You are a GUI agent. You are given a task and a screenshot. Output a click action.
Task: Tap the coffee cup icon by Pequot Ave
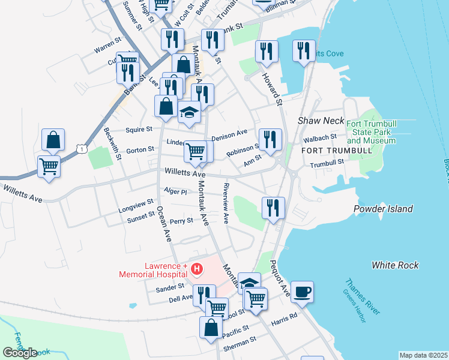click(x=303, y=292)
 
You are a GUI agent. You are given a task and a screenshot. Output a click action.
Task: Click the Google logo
click(x=20, y=352)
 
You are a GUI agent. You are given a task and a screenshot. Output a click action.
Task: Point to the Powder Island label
click(x=384, y=209)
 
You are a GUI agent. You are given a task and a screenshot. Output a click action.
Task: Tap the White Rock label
click(x=395, y=265)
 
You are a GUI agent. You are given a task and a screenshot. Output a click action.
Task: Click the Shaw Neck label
click(x=321, y=121)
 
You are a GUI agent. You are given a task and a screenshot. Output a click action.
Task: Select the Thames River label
click(x=363, y=296)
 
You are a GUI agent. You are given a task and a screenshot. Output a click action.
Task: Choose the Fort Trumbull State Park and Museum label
click(x=371, y=132)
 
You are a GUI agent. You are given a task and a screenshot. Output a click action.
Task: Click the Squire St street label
click(x=139, y=128)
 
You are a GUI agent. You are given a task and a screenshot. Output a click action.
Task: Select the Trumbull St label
click(x=327, y=161)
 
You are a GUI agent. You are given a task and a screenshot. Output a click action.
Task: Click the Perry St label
click(x=181, y=220)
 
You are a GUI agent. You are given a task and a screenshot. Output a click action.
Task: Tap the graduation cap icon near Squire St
click(x=189, y=112)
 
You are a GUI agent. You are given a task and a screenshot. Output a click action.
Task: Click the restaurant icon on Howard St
click(x=267, y=52)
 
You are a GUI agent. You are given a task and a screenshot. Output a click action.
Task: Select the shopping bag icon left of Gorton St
click(x=53, y=140)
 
